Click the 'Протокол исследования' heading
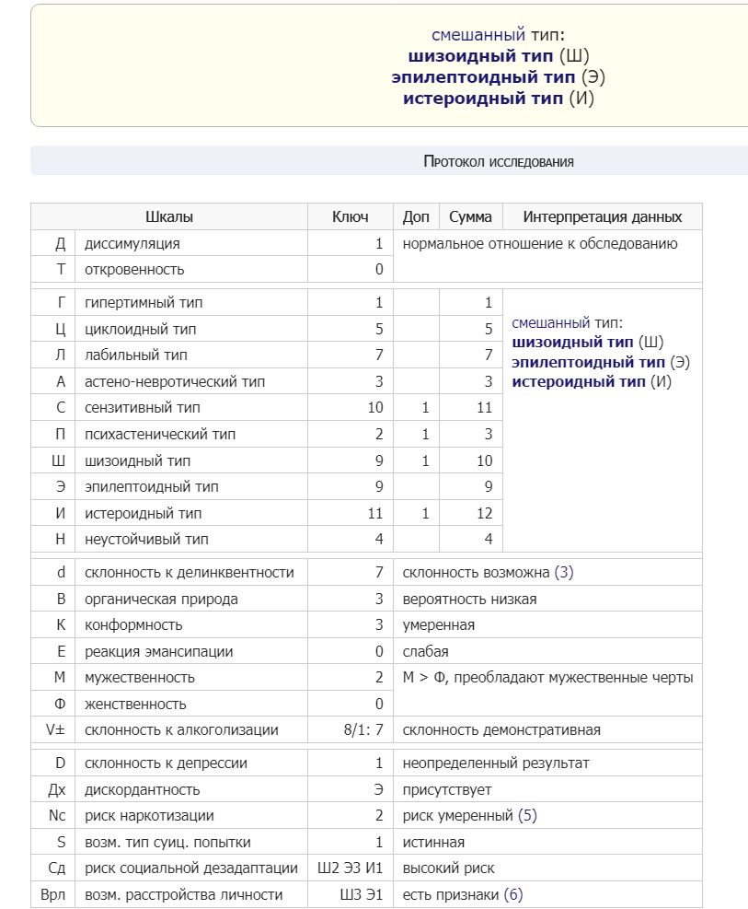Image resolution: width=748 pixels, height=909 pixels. [499, 161]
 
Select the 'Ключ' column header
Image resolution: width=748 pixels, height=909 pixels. [350, 217]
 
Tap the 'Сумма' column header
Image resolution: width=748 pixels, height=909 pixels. [470, 217]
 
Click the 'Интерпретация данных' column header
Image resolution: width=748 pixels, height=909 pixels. [603, 217]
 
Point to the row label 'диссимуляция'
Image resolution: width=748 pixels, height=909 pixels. [132, 244]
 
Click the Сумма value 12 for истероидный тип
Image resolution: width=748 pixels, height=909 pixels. [484, 513]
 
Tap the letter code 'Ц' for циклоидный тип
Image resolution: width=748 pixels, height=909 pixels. [61, 329]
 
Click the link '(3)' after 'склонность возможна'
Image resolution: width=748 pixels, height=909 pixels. [564, 573]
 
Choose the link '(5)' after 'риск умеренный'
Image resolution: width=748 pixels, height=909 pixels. [527, 816]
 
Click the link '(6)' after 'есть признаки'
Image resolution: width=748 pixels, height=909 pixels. [513, 895]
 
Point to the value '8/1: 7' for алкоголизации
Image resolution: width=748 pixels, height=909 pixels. [362, 730]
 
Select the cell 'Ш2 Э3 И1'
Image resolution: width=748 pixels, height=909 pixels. [350, 868]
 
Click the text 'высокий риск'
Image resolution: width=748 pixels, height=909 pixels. [448, 868]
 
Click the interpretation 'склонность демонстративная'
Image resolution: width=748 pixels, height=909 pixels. [501, 730]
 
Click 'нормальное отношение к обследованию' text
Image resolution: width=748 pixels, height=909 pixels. [540, 244]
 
